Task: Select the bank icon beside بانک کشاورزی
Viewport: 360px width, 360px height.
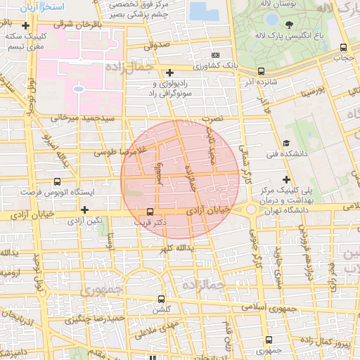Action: tap(215, 56)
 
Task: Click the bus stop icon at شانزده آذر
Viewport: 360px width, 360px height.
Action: tap(261, 71)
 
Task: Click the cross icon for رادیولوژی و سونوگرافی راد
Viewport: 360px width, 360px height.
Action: tap(169, 72)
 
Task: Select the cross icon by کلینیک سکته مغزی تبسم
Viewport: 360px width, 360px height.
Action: tap(25, 25)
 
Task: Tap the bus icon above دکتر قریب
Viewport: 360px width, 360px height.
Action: tap(149, 211)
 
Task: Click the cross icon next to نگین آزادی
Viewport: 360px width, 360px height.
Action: tap(84, 210)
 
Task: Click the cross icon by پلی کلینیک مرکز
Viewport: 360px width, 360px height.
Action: tap(285, 179)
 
